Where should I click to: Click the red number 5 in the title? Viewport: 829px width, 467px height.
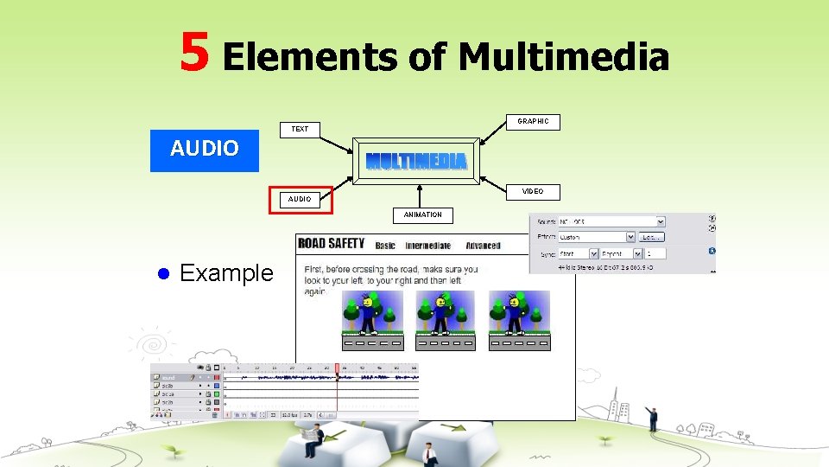tap(195, 52)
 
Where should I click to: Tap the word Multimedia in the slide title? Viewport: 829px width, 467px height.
tap(564, 58)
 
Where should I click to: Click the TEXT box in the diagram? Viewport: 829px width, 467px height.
tap(300, 130)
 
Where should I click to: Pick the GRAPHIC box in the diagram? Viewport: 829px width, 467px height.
tap(533, 122)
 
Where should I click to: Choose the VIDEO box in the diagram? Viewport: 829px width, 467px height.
tap(533, 192)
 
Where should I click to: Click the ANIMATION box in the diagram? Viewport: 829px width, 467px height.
tap(422, 214)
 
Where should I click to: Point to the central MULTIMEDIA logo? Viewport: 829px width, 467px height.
tap(416, 161)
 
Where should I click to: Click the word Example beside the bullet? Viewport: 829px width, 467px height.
tap(226, 273)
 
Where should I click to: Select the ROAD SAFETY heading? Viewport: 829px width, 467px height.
tap(332, 244)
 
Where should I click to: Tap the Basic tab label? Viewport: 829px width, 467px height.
tap(385, 246)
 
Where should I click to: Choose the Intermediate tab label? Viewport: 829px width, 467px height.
tap(427, 246)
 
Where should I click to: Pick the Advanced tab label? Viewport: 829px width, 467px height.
tap(483, 246)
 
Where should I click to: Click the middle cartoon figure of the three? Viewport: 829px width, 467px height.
tap(442, 313)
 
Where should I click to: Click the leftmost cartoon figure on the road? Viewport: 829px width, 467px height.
tap(370, 313)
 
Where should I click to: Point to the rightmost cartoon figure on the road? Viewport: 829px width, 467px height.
tap(516, 313)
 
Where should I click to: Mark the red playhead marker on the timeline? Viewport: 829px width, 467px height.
tap(337, 368)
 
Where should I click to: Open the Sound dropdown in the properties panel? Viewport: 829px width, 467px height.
tap(612, 221)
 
